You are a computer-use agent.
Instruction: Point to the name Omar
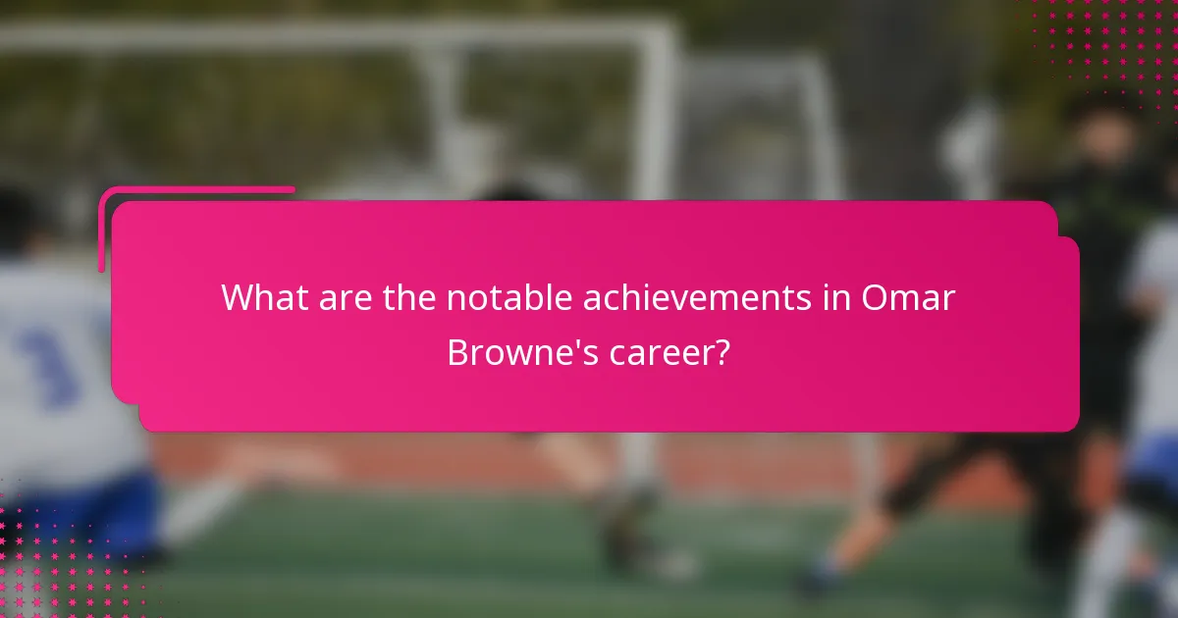click(908, 297)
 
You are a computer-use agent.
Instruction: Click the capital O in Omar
click(876, 297)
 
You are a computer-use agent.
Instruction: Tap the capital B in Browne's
click(459, 352)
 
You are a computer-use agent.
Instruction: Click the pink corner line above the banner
click(196, 190)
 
